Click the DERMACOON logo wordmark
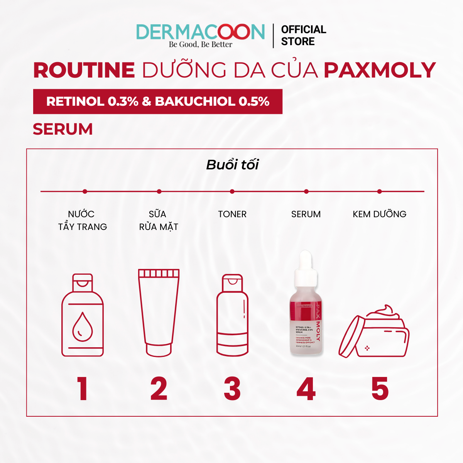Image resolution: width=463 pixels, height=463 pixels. click(x=200, y=32)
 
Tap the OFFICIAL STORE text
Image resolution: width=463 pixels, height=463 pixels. click(x=303, y=35)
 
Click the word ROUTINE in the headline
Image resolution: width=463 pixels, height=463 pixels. click(x=84, y=70)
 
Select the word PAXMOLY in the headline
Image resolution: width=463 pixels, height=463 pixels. click(x=380, y=70)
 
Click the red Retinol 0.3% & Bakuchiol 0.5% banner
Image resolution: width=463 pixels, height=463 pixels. click(x=157, y=101)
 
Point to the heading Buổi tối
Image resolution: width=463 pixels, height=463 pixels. click(x=232, y=165)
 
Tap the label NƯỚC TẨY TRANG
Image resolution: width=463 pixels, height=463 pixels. click(x=82, y=220)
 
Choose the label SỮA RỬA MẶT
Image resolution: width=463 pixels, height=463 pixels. click(x=158, y=220)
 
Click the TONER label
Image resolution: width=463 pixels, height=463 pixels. click(x=232, y=214)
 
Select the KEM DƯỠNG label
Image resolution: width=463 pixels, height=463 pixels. click(x=379, y=214)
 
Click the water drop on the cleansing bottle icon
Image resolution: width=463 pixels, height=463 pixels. click(x=83, y=327)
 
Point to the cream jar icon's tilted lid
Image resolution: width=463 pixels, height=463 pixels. click(x=351, y=336)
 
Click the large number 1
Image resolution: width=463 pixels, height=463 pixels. click(x=82, y=389)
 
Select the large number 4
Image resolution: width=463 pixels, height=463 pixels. click(x=306, y=389)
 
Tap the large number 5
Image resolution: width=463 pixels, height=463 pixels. click(x=380, y=389)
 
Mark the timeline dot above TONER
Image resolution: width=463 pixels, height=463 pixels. click(x=232, y=191)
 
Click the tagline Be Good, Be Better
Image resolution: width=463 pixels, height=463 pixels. click(x=200, y=44)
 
